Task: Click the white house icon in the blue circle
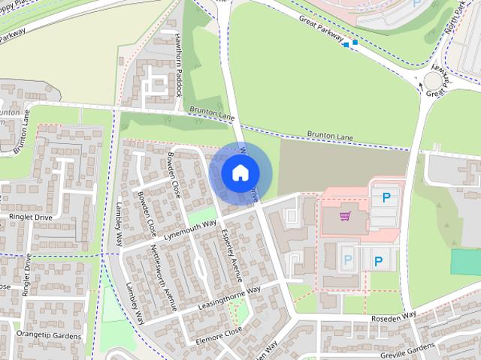[239, 172]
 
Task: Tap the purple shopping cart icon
[345, 217]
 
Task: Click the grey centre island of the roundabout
[434, 81]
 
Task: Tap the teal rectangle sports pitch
[465, 261]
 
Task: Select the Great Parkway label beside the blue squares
[320, 28]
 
